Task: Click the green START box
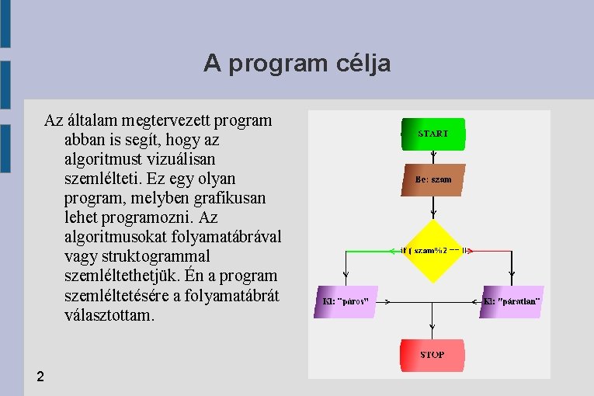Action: point(432,134)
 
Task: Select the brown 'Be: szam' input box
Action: point(433,179)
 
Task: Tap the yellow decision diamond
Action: point(433,251)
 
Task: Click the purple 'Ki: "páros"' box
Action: point(346,301)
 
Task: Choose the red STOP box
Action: point(432,355)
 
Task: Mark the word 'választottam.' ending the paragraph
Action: point(110,316)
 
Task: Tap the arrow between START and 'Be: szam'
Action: point(433,156)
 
